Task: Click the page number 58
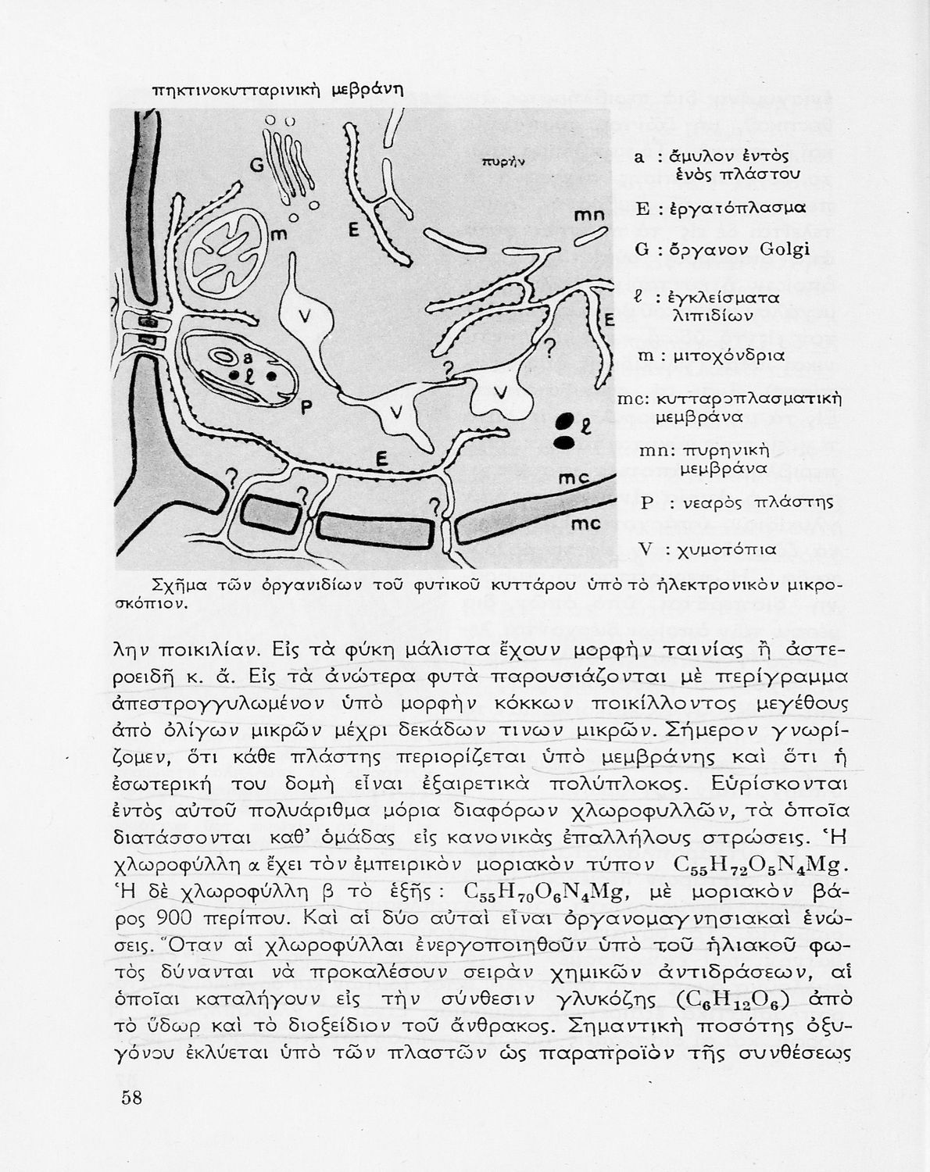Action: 131,1097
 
